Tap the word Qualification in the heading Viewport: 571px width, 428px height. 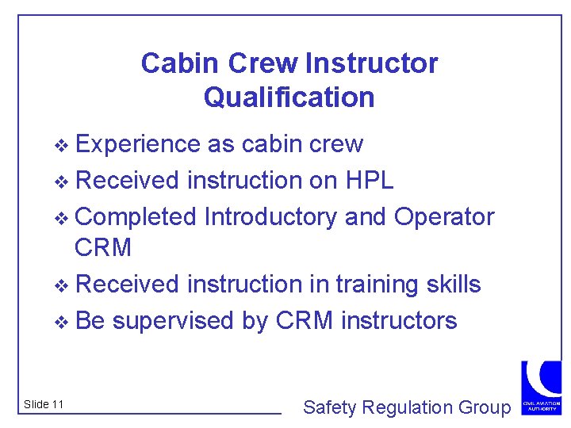(289, 97)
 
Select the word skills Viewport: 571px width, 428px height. (452, 284)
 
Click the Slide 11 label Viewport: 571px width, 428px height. (44, 405)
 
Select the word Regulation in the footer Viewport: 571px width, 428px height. (398, 407)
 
